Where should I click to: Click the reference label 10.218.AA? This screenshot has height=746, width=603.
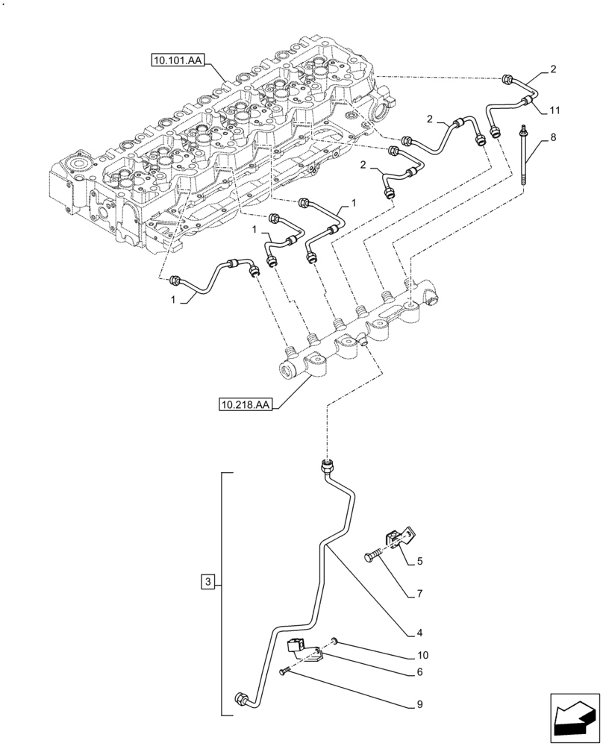click(x=246, y=405)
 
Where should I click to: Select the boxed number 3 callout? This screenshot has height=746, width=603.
click(x=208, y=581)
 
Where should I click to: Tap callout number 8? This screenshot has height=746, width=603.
click(x=553, y=137)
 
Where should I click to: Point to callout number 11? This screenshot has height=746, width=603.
click(x=554, y=110)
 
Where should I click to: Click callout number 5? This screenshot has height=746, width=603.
click(x=420, y=560)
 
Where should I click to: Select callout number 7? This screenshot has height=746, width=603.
click(x=420, y=594)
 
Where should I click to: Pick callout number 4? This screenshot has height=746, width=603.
click(x=420, y=633)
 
